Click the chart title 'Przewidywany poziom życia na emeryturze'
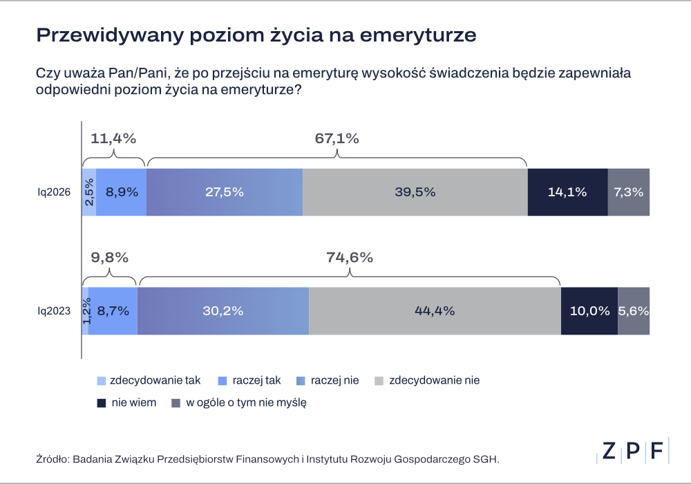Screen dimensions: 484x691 [256, 36]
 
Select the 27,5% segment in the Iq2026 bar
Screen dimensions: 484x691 [225, 192]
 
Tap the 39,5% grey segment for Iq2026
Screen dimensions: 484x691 [415, 192]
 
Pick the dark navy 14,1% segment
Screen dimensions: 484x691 [567, 192]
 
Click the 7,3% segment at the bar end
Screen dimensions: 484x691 [629, 192]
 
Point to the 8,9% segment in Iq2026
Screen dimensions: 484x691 [121, 192]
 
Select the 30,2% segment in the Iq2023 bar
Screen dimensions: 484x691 [223, 311]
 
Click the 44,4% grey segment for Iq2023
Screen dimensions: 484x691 [435, 311]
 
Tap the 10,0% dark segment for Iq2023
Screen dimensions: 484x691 [589, 311]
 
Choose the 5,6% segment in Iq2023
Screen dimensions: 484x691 [634, 311]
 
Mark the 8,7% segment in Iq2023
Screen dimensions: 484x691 [113, 311]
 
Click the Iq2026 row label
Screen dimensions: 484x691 [54, 193]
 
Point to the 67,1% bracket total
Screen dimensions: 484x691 [337, 138]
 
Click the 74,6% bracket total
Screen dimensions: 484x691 [350, 258]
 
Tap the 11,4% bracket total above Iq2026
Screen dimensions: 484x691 [113, 138]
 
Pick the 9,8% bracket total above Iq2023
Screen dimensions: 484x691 [110, 258]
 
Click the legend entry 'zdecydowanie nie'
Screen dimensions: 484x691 [434, 380]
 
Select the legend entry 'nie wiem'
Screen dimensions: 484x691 [133, 402]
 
